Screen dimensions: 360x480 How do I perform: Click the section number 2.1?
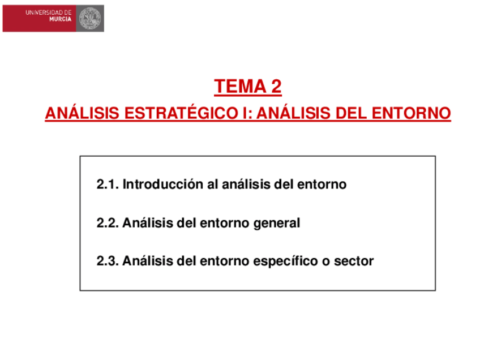[x=107, y=185]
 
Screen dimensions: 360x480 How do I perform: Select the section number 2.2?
[x=107, y=223]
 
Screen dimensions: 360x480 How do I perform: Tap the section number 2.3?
[x=107, y=261]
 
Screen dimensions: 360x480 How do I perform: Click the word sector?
[x=354, y=262]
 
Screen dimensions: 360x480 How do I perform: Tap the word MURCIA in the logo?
[x=60, y=19]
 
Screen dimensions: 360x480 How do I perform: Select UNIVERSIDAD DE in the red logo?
[x=48, y=11]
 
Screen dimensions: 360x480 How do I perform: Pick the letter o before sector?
[x=329, y=262]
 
